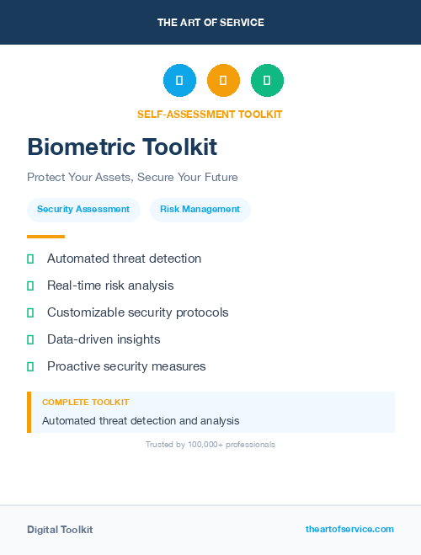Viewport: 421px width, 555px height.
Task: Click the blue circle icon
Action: [x=179, y=80]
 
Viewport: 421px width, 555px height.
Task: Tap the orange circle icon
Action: [x=223, y=80]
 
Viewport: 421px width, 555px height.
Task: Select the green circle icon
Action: [x=267, y=80]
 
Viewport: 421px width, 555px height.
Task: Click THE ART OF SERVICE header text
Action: [x=210, y=23]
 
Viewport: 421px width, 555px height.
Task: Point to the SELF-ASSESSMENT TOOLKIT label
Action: [x=210, y=114]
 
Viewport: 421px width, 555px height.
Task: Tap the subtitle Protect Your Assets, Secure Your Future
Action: [x=132, y=178]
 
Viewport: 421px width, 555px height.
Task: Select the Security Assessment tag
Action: [x=83, y=210]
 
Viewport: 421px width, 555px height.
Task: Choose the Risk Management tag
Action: [x=200, y=210]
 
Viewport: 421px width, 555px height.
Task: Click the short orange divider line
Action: [x=45, y=237]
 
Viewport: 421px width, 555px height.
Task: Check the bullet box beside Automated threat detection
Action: [x=30, y=259]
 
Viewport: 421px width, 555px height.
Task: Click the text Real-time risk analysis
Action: [x=110, y=286]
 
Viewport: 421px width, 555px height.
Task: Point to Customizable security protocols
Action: [x=137, y=312]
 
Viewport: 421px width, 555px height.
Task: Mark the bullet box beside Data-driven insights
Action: [x=30, y=339]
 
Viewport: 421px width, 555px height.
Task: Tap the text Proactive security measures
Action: [x=126, y=366]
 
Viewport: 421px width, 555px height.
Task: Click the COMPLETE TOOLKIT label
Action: [x=85, y=403]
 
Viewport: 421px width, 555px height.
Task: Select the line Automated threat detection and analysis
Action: [x=141, y=420]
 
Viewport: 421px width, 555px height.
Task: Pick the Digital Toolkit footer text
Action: [x=60, y=530]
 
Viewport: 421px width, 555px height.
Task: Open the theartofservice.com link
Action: [x=349, y=529]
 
